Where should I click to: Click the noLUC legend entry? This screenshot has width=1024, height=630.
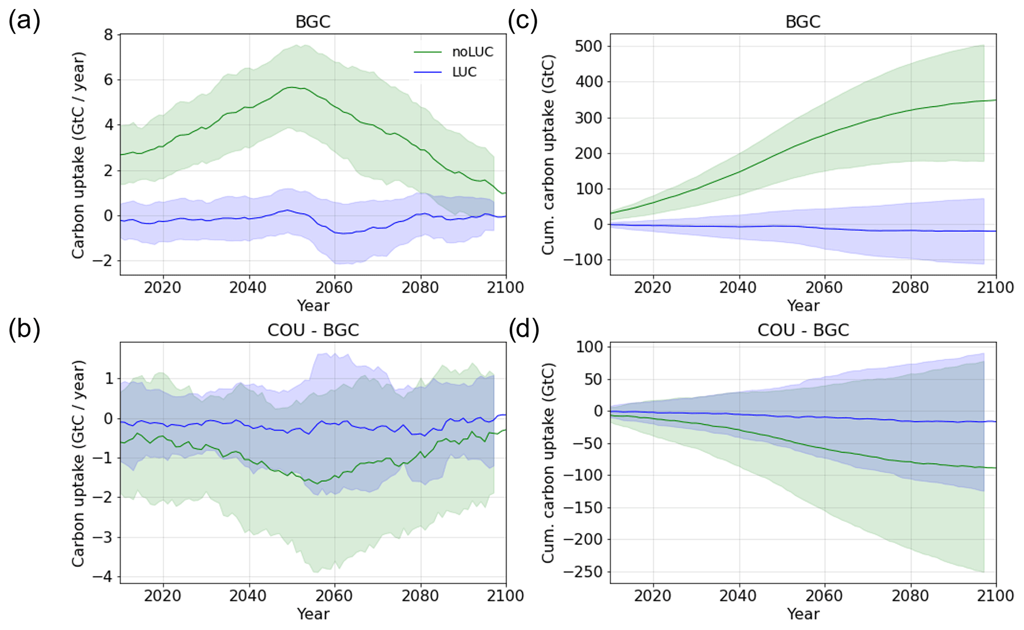click(x=472, y=52)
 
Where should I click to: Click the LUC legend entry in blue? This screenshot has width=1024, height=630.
click(x=464, y=72)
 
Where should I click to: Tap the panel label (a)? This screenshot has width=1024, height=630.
click(x=24, y=21)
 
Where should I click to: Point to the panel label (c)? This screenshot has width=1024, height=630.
click(x=523, y=21)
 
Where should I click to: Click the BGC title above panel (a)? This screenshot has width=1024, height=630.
click(x=313, y=22)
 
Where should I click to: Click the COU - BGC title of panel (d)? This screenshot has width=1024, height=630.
click(x=803, y=330)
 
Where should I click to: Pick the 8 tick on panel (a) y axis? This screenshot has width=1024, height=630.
click(x=108, y=35)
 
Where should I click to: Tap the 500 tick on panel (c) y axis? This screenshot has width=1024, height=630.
click(x=588, y=46)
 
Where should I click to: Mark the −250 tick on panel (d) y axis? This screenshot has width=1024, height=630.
click(x=583, y=572)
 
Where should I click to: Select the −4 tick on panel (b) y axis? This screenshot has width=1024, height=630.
click(x=103, y=577)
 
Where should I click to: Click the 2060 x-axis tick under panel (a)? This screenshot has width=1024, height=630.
click(x=334, y=288)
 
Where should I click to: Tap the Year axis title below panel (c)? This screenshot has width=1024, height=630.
click(x=803, y=305)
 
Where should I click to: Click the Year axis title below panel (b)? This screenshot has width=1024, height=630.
click(x=313, y=614)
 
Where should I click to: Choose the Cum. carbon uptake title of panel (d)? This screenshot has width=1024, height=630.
click(x=548, y=463)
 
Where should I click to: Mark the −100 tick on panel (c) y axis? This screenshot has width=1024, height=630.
click(x=583, y=260)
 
